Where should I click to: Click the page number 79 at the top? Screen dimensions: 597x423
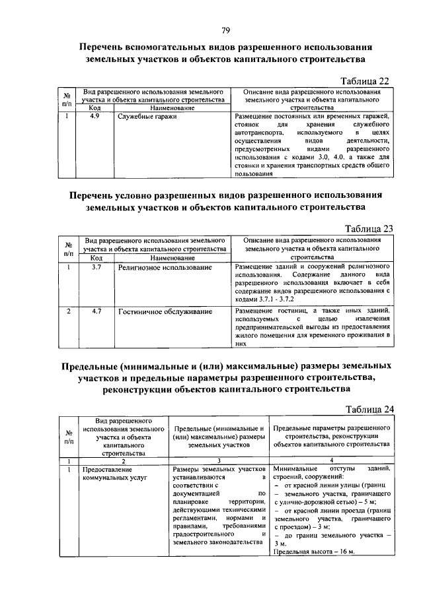(x=225, y=30)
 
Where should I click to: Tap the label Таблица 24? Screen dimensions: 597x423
(x=369, y=408)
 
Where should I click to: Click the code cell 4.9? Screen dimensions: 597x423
(x=95, y=117)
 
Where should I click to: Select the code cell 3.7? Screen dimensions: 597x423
(x=96, y=267)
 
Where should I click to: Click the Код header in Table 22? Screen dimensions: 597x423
(x=95, y=108)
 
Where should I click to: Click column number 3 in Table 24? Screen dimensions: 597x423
(x=218, y=460)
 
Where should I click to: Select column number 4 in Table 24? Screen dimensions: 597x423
(x=332, y=460)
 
